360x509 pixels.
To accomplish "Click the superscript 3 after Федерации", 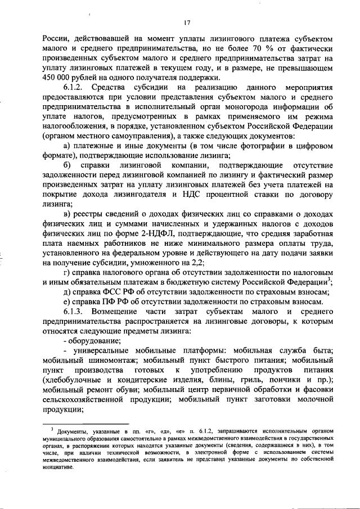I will coord(331,279).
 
